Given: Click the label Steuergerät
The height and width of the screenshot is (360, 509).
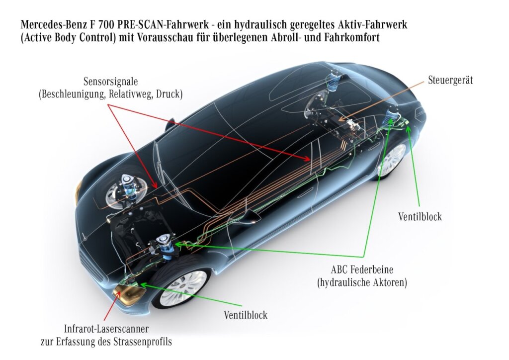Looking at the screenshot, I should [450, 80].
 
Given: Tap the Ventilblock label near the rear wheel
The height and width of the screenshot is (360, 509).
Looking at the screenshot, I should [420, 217].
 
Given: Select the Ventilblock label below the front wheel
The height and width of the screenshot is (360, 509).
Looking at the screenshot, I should [246, 315].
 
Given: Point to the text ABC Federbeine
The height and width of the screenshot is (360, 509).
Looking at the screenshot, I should [362, 270].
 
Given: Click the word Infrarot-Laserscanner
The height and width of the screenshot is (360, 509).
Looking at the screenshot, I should [106, 329].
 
